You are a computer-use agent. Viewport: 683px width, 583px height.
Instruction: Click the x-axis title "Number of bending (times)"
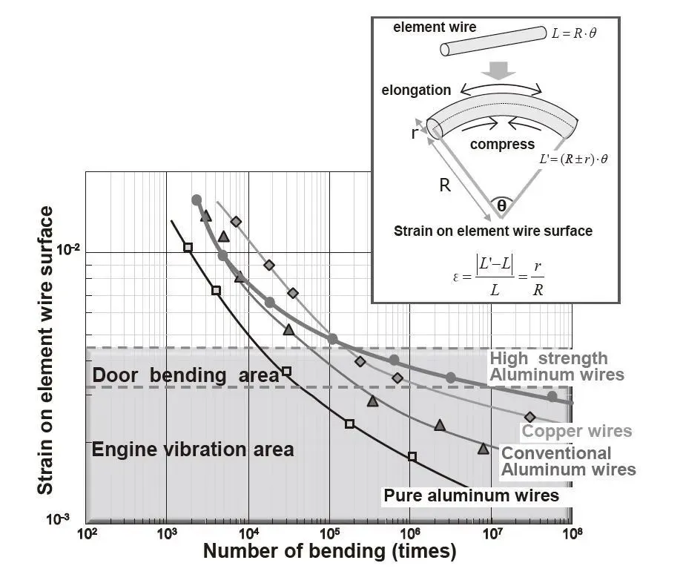pyautogui.click(x=329, y=551)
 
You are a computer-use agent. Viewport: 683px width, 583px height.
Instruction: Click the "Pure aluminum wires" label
pyautogui.click(x=471, y=495)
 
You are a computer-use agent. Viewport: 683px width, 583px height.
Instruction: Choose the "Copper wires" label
pyautogui.click(x=577, y=431)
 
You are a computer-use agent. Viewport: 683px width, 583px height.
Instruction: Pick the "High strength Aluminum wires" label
pyautogui.click(x=556, y=366)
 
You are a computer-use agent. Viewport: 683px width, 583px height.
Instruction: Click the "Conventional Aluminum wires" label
pyautogui.click(x=568, y=461)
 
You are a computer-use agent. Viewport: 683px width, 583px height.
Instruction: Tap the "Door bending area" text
pyautogui.click(x=185, y=375)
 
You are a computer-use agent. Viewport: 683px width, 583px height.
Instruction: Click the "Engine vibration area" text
pyautogui.click(x=192, y=449)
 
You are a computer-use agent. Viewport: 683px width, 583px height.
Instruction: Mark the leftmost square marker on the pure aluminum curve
pyautogui.click(x=188, y=247)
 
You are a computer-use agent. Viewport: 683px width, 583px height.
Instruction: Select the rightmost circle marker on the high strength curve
pyautogui.click(x=552, y=396)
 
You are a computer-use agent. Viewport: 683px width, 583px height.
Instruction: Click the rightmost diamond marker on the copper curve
pyautogui.click(x=529, y=417)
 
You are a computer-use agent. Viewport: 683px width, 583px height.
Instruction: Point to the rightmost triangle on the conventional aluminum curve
pyautogui.click(x=483, y=449)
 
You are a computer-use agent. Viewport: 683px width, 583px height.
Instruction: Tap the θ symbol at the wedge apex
pyautogui.click(x=502, y=205)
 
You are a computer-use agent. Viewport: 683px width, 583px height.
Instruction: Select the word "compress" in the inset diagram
pyautogui.click(x=502, y=144)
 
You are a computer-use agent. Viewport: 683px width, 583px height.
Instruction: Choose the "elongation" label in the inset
pyautogui.click(x=416, y=90)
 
